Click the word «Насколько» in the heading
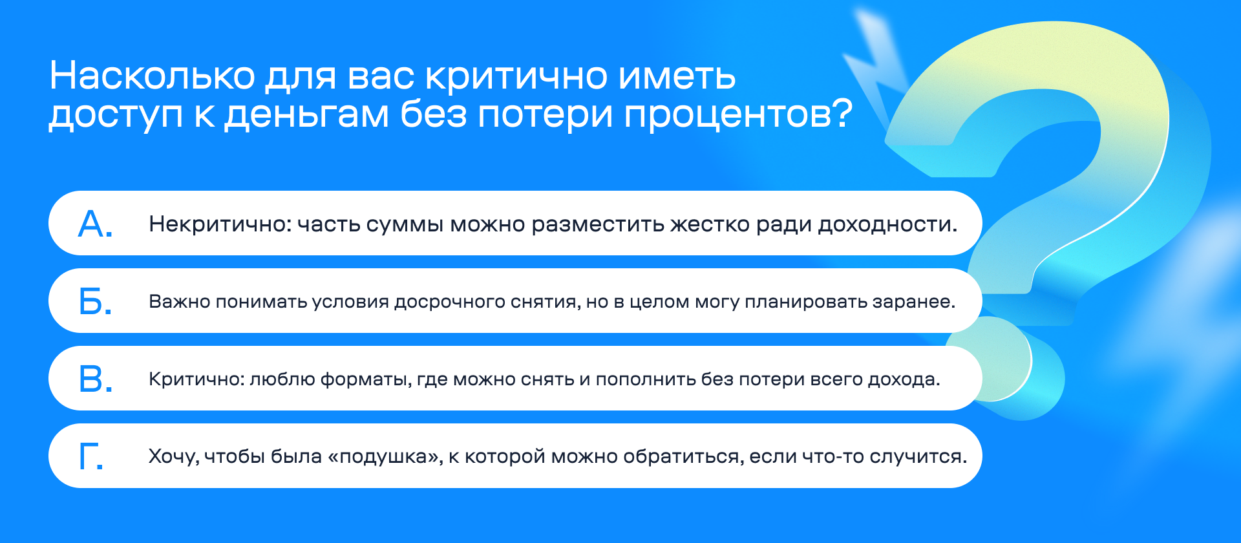tap(153, 76)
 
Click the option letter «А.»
tap(96, 224)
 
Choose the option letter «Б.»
tap(96, 301)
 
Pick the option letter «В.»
tap(96, 379)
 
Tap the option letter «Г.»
tap(91, 456)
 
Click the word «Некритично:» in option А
tap(220, 224)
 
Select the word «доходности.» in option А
tap(887, 224)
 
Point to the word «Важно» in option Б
tap(180, 301)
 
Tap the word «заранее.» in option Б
tap(914, 302)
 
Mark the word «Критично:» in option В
tap(196, 379)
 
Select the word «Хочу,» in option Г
tap(174, 457)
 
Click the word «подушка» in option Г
tap(385, 457)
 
